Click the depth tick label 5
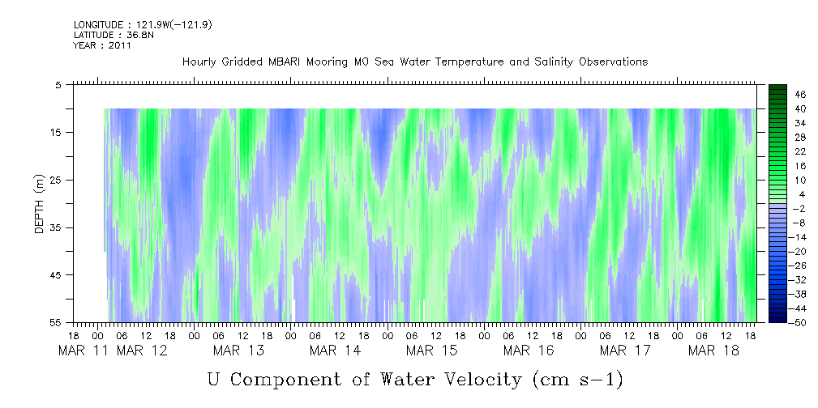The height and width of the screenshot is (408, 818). pos(58,84)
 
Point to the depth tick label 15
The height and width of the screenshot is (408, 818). pos(58,132)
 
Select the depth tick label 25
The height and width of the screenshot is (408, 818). pos(58,180)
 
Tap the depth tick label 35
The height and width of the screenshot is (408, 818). pos(58,227)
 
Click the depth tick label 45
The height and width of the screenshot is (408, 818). pos(58,275)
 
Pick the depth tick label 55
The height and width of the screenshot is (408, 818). pos(58,323)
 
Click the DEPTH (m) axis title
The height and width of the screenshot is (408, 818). pos(39,207)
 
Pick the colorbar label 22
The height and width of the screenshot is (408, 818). pos(778,151)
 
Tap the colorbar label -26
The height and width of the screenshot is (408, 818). pos(777,265)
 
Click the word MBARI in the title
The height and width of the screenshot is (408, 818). pos(287,62)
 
